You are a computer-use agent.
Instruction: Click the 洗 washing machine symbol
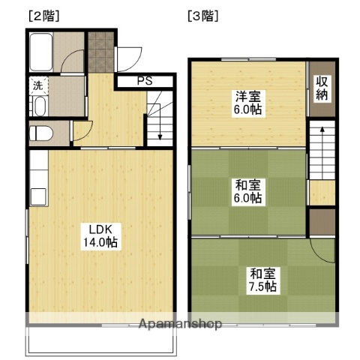coord(37,85)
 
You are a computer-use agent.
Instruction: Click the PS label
coord(145,80)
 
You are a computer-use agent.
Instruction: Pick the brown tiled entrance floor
coord(99,51)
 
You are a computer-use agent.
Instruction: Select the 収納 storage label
coord(322,88)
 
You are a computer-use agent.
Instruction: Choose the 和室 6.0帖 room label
coord(247,191)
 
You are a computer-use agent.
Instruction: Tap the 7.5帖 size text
coord(262,286)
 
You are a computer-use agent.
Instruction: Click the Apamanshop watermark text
coord(180,324)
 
